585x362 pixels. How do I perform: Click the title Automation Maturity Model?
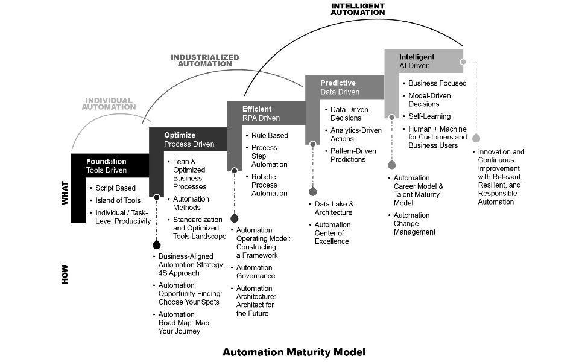tap(294, 352)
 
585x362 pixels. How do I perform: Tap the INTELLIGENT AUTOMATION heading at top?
tap(358, 8)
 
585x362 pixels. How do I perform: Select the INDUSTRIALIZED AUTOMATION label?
tap(204, 60)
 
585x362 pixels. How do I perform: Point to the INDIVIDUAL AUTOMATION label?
tap(110, 103)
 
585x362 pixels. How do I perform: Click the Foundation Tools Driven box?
tap(107, 166)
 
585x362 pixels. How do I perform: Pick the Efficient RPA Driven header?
tap(261, 113)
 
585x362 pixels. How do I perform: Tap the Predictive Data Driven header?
tap(340, 87)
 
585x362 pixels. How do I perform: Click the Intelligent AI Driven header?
tap(417, 61)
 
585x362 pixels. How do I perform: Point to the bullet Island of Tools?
tap(118, 200)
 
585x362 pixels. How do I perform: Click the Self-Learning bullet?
tap(429, 116)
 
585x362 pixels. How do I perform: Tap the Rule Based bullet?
tap(270, 135)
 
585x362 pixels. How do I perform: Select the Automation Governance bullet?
tap(256, 271)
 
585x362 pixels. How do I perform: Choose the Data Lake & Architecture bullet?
tap(334, 208)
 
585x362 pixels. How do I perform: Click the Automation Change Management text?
tap(414, 223)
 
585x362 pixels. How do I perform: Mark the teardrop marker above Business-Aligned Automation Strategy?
tap(157, 244)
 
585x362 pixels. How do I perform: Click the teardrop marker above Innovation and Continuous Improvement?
tap(476, 138)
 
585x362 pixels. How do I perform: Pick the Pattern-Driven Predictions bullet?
tap(353, 155)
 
